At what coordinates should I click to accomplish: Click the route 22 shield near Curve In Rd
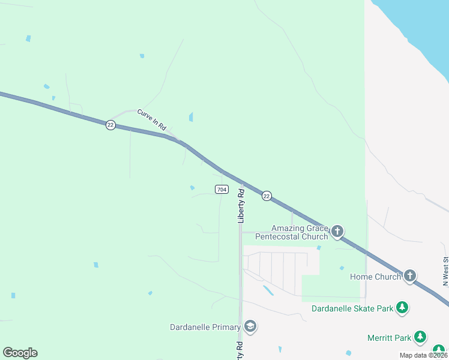pyautogui.click(x=110, y=125)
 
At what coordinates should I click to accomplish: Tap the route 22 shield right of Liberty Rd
pyautogui.click(x=267, y=196)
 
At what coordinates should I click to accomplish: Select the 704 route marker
pyautogui.click(x=221, y=190)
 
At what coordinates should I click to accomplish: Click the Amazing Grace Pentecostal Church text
pyautogui.click(x=292, y=232)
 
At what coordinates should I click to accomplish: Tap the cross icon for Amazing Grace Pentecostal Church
pyautogui.click(x=337, y=231)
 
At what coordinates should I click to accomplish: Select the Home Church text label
pyautogui.click(x=375, y=277)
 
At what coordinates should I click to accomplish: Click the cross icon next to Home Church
pyautogui.click(x=410, y=276)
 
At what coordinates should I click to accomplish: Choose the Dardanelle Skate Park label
pyautogui.click(x=352, y=308)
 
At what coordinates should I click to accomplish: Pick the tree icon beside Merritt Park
pyautogui.click(x=421, y=337)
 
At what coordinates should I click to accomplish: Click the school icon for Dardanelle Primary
pyautogui.click(x=250, y=327)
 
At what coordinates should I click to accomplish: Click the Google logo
pyautogui.click(x=20, y=353)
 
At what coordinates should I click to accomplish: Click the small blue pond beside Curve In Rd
pyautogui.click(x=191, y=117)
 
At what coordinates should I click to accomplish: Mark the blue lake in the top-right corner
pyautogui.click(x=420, y=24)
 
